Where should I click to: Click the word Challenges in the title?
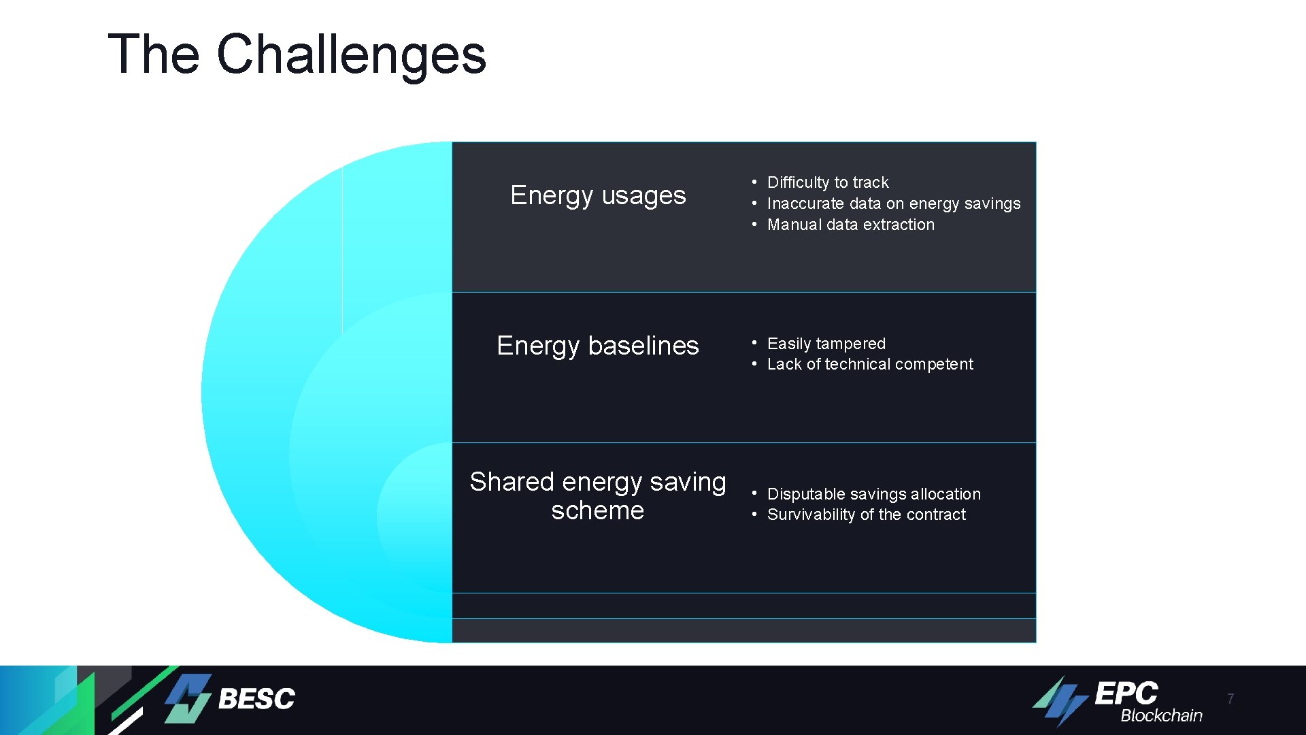[x=351, y=54]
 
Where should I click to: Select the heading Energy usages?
[x=598, y=195]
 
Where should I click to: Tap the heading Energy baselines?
[x=597, y=346]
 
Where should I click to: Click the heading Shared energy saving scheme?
[x=597, y=495]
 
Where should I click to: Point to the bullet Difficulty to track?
[x=827, y=182]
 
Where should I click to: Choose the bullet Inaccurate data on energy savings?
[x=893, y=203]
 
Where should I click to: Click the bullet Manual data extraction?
[x=850, y=225]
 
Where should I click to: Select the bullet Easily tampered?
[x=826, y=344]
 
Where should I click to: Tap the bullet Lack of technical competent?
[x=869, y=364]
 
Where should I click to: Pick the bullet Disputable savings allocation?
[x=873, y=494]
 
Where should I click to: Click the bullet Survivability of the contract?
[x=866, y=514]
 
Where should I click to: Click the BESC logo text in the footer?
[x=256, y=699]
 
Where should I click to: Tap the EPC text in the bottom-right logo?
[x=1126, y=693]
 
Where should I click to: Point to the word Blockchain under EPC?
[x=1161, y=716]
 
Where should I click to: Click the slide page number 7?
[x=1230, y=699]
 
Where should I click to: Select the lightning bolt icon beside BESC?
[x=188, y=698]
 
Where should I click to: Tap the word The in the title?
[x=154, y=54]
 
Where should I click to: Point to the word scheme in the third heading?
[x=597, y=510]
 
